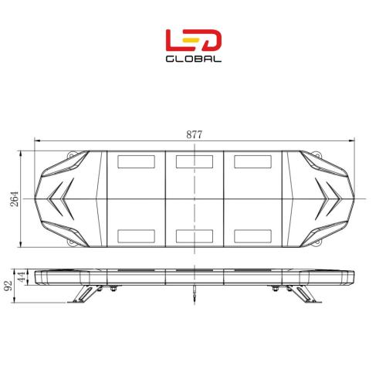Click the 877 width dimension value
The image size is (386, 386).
(x=195, y=134)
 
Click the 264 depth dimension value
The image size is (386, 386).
(x=15, y=199)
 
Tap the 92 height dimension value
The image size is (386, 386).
(x=8, y=286)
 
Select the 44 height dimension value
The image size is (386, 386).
(x=22, y=276)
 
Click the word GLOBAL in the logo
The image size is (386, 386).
(x=194, y=59)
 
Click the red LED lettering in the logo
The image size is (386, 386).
(x=194, y=40)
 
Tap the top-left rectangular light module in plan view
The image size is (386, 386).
(x=136, y=161)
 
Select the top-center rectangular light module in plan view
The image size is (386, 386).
(x=195, y=161)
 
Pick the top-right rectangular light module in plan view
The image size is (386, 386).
(x=252, y=161)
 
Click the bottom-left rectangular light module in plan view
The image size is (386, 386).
(x=136, y=236)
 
